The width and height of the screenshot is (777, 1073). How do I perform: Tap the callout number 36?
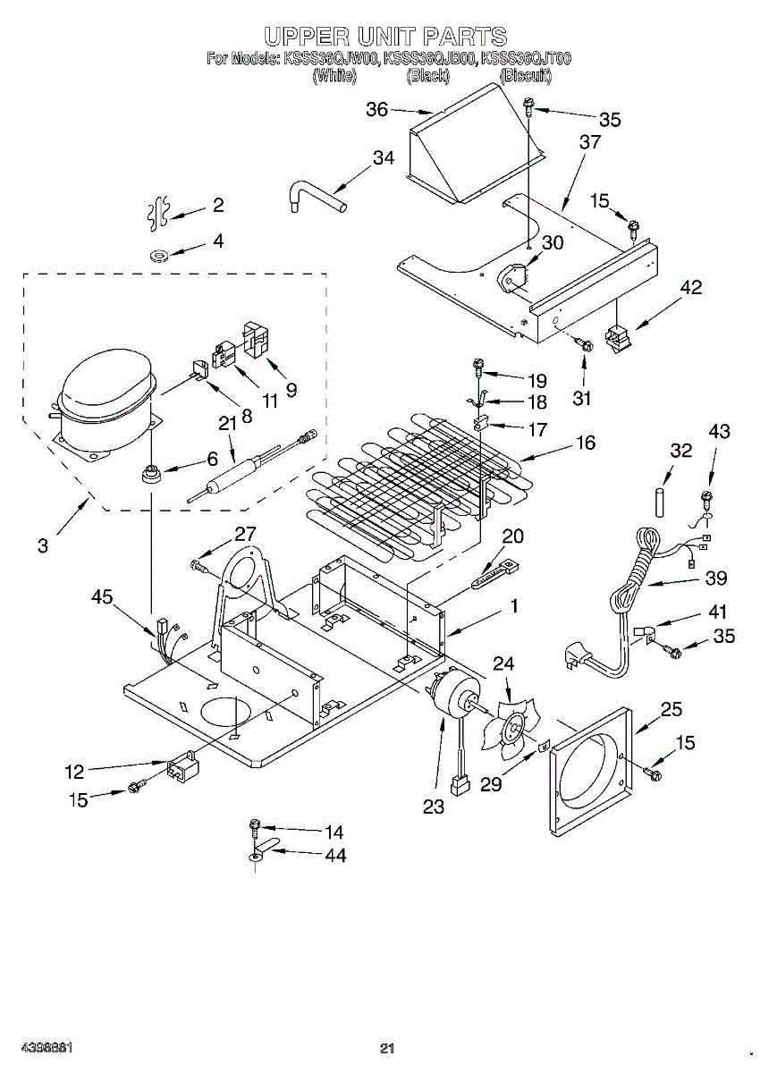377,109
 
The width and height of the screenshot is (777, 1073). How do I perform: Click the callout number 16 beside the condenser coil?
586,443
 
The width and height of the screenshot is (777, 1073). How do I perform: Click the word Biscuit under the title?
526,76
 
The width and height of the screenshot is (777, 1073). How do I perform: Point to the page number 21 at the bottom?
387,1049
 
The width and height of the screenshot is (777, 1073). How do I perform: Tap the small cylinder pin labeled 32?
661,500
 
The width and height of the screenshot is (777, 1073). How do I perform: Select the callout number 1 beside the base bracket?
514,605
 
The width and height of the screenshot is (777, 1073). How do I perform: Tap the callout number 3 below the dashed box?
43,545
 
